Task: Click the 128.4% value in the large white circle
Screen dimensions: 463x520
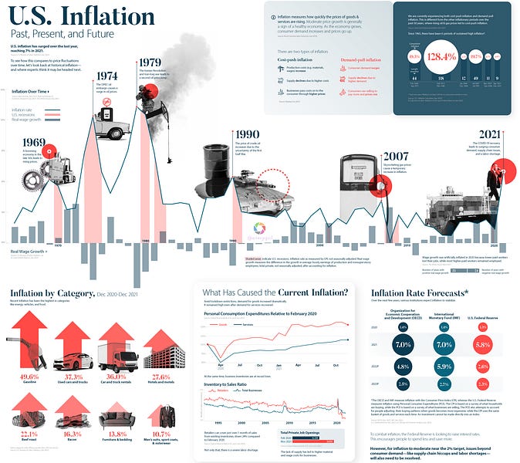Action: coord(442,56)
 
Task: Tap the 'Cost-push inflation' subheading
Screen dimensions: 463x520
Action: coord(295,59)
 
